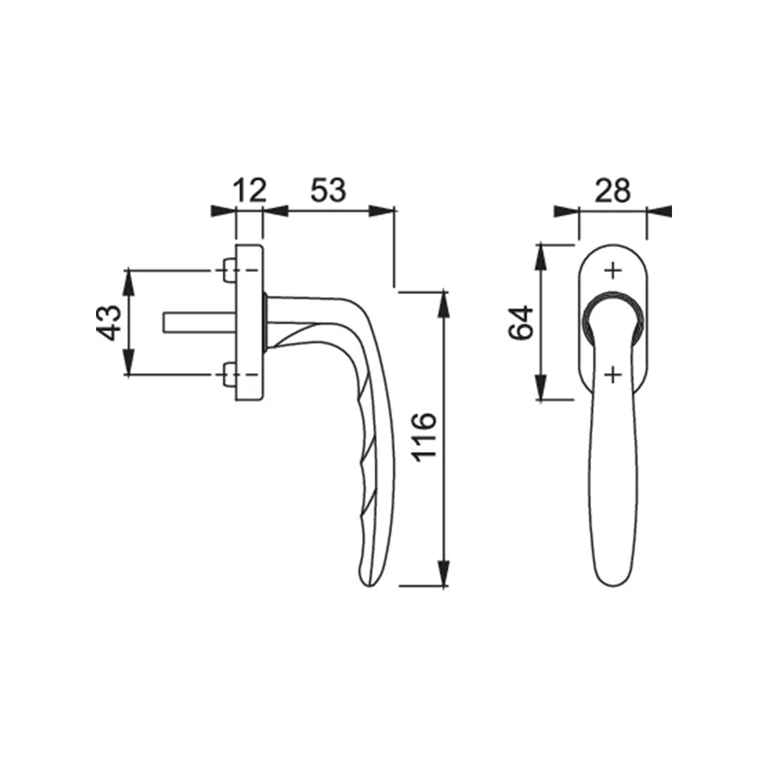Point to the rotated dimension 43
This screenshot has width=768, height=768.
108,323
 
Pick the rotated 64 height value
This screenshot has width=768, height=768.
521,322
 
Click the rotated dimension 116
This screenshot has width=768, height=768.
424,437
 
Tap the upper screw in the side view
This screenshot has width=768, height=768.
228,270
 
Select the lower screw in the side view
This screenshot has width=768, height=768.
228,374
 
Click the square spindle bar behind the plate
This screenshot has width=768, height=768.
199,323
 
